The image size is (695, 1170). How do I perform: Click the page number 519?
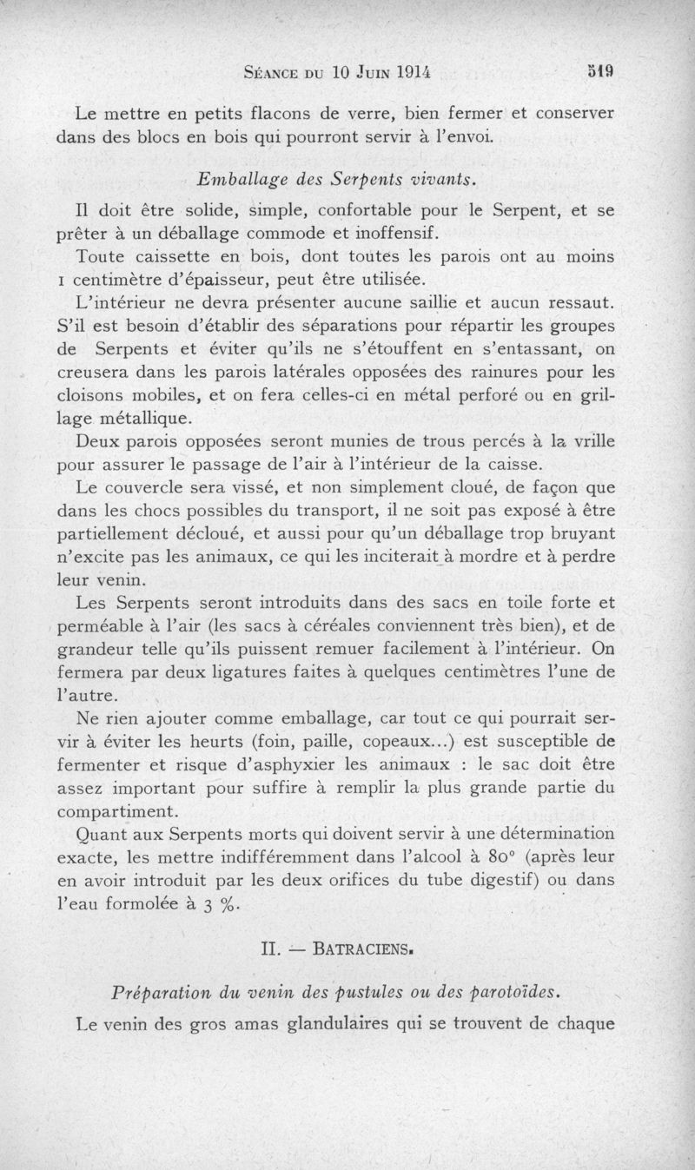point(600,72)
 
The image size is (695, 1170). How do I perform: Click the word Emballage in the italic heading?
point(235,179)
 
